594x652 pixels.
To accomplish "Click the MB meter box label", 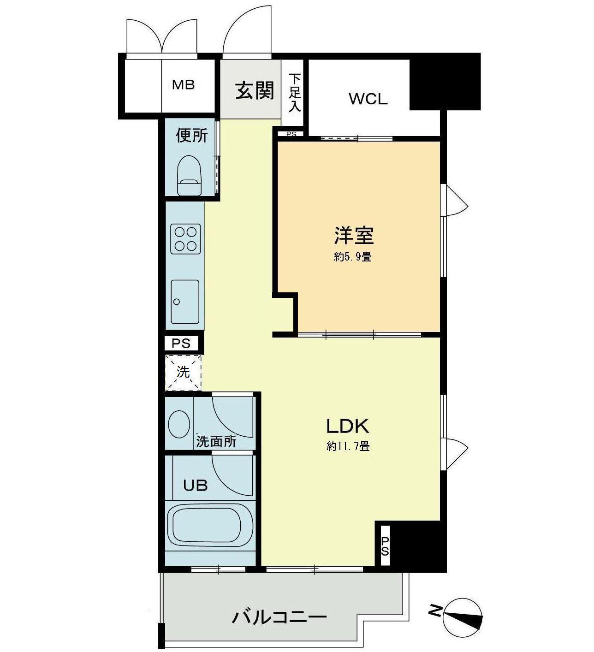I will pos(184,85).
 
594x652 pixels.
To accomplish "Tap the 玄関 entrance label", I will pos(255,90).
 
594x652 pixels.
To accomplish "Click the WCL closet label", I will pos(368,99).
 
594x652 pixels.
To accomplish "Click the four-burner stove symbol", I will pos(185,238).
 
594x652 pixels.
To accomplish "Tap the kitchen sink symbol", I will pos(185,302).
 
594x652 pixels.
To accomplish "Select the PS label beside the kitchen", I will pos(181,344).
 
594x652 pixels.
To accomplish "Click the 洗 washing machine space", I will pos(184,372).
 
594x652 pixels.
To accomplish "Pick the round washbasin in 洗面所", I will pos(179,424).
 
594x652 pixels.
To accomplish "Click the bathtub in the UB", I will pos(210,526).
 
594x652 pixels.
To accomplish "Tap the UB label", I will pos(195,485).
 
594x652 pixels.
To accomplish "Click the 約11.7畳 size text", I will pos(348,446).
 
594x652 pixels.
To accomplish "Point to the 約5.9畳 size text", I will pos(353,257).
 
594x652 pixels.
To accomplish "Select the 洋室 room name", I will pos(354,236).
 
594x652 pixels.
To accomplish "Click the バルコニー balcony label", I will pos(279,616).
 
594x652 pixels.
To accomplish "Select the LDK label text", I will pos(348,427).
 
